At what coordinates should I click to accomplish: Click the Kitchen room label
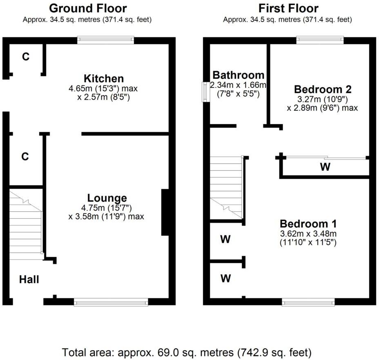point(104,78)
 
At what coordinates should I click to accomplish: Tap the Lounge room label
point(107,198)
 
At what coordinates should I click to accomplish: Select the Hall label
point(29,280)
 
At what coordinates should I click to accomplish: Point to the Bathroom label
point(239,75)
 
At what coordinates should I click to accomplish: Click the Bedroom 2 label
point(323,89)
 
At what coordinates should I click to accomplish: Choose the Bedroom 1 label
point(308,224)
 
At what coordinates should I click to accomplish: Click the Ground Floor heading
point(88,9)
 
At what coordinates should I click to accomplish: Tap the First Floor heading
point(288,9)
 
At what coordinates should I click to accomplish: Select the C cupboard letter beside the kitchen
point(26,56)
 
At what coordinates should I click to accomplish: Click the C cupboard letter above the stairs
point(25,157)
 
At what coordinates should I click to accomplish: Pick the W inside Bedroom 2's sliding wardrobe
point(325,167)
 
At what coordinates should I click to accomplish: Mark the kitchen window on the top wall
point(106,40)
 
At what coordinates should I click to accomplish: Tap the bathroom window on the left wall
point(206,92)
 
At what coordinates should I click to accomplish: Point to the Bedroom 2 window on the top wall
point(320,40)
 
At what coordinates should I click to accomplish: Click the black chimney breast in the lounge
point(165,212)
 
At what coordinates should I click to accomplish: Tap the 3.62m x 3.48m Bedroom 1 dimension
point(308,234)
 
